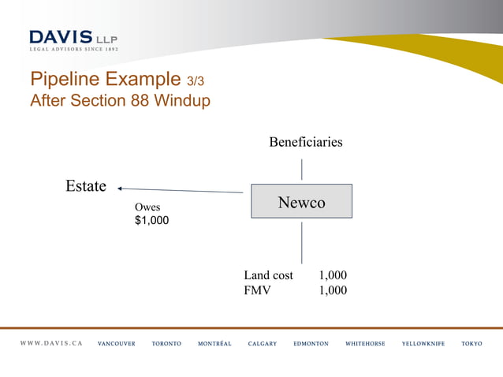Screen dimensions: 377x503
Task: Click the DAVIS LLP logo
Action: point(73,39)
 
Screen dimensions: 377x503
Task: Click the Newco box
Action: point(301,201)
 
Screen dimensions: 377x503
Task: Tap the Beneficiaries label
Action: point(305,142)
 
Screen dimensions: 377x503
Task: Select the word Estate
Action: point(86,186)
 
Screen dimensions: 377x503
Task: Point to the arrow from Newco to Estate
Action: point(181,190)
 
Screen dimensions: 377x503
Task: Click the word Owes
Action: point(147,207)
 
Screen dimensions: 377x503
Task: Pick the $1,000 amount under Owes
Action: point(151,221)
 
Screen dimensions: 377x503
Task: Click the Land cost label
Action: point(268,275)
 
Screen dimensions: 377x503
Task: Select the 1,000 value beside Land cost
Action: point(332,275)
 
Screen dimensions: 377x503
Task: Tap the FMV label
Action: point(257,289)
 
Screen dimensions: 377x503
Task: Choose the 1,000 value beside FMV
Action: point(332,289)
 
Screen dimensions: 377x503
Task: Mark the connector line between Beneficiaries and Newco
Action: point(301,169)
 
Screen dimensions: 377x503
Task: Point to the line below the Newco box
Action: point(301,242)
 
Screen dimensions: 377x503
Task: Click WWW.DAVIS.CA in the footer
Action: point(51,344)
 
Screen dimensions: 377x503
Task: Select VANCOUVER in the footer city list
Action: point(116,344)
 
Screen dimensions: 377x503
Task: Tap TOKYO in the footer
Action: point(471,344)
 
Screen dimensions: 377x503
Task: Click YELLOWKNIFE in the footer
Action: point(423,344)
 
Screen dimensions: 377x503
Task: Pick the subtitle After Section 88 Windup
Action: point(120,101)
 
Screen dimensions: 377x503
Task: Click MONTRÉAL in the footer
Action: point(214,344)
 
